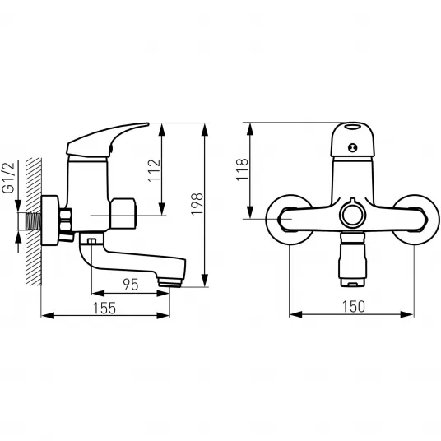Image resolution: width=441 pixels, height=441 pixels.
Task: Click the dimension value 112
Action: click(x=155, y=170)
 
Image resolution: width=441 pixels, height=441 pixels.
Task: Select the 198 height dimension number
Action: click(x=197, y=204)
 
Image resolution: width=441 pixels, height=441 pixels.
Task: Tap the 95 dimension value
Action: click(x=131, y=285)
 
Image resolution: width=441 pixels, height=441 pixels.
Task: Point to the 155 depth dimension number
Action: click(x=104, y=308)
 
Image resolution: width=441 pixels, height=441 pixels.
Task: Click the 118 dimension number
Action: click(x=243, y=169)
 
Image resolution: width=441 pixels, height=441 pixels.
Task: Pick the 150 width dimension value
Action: click(x=354, y=307)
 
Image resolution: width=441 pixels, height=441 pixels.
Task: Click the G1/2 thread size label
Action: click(x=8, y=178)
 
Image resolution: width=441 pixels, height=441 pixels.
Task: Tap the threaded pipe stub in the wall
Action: click(x=34, y=220)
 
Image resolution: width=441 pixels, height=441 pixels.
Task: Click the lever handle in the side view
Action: click(x=107, y=140)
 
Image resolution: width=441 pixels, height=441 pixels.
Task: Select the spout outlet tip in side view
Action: click(x=169, y=282)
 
